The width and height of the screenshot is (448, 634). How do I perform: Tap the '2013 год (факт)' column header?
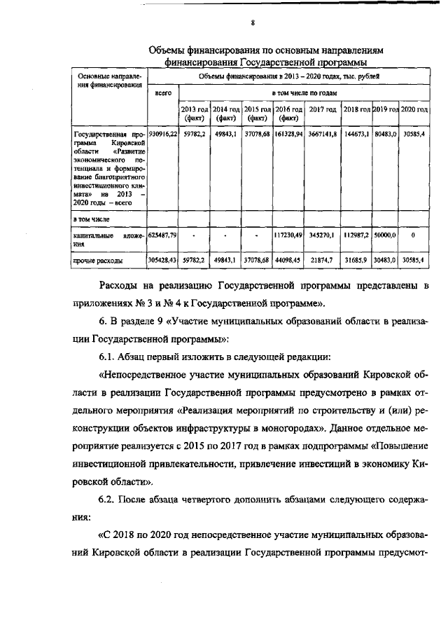tap(195, 114)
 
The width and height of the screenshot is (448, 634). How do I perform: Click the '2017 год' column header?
tap(323, 110)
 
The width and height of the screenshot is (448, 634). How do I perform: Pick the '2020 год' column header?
tap(414, 110)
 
